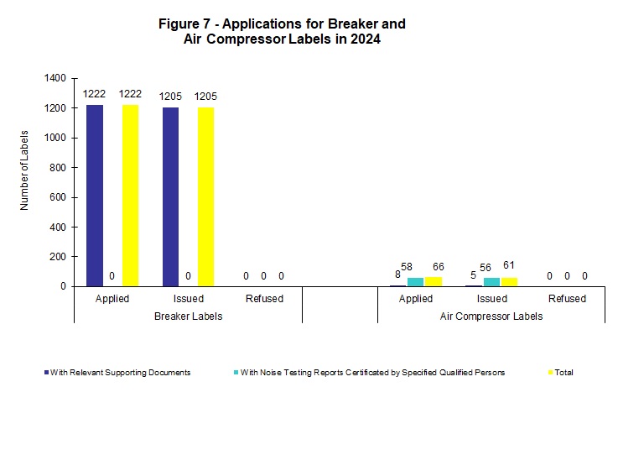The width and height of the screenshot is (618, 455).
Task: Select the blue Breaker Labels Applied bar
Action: [95, 195]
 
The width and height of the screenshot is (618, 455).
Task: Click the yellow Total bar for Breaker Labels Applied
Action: [130, 195]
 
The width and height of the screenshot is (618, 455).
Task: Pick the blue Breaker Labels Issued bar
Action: [171, 196]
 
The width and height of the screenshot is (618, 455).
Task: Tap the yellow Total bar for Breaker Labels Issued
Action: [205, 196]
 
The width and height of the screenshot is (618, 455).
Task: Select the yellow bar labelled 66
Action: [433, 281]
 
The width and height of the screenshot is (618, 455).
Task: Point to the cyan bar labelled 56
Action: [491, 282]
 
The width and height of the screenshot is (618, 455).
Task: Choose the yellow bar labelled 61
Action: [509, 282]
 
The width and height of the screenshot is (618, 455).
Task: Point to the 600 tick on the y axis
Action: [56, 197]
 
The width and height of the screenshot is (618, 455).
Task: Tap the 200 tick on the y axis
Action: [56, 257]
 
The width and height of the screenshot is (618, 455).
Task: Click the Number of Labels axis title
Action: [25, 170]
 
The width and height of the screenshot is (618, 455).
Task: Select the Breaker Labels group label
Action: [189, 316]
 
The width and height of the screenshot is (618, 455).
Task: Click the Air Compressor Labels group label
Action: [491, 316]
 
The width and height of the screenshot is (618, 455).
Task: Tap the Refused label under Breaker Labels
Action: [264, 299]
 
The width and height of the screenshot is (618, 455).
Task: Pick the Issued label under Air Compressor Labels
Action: [491, 299]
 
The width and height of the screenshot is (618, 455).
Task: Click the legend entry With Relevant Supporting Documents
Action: [117, 373]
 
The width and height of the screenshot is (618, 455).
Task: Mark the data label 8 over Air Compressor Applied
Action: [397, 274]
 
